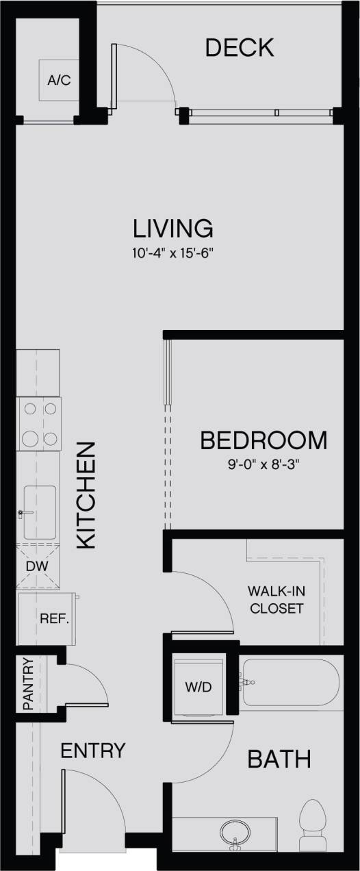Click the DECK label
pos(240,48)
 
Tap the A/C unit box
pos(59,81)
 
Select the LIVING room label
pos(173,227)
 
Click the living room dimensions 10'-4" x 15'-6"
pos(173,253)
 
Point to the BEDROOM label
pos(263,440)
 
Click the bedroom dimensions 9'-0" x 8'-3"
pos(263,464)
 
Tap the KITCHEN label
pos(85,495)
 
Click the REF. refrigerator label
pos(55,619)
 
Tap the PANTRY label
pos(27,683)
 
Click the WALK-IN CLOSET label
pos(276,599)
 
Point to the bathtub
pos(291,682)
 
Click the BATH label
pos(279,759)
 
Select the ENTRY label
pos(93,750)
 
